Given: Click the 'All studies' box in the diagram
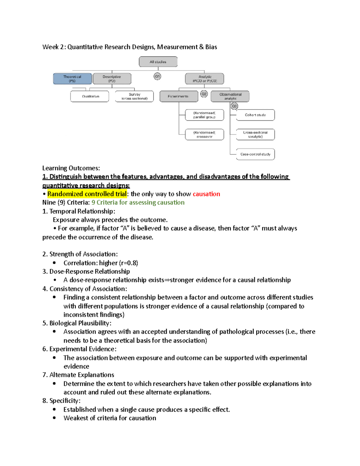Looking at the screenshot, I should click(x=158, y=62).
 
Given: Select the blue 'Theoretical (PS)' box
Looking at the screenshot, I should click(x=72, y=79).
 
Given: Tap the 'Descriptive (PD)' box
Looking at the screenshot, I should click(x=112, y=79).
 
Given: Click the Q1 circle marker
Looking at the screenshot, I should click(x=157, y=76).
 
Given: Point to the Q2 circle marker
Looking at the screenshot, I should click(x=204, y=94).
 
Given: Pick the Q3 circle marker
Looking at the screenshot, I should click(x=234, y=106).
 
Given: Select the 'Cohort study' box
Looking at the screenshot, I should click(x=255, y=115).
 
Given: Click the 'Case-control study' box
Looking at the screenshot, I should click(x=255, y=154).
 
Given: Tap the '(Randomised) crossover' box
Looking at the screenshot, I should click(x=204, y=134).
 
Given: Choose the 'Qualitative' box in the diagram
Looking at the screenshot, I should click(x=90, y=96).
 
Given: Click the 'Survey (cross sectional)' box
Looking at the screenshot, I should click(x=134, y=96).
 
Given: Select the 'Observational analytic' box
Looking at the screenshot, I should click(x=230, y=96).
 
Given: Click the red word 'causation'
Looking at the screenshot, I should click(x=206, y=194).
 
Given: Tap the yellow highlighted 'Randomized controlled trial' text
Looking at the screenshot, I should click(x=87, y=194).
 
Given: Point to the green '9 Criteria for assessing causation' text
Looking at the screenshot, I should click(x=138, y=203).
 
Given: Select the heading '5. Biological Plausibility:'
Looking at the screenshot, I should click(x=77, y=323).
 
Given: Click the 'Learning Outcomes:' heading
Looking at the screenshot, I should click(x=71, y=168).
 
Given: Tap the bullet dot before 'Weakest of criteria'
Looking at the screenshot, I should click(x=54, y=418).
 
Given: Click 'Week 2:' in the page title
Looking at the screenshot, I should click(x=54, y=47).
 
